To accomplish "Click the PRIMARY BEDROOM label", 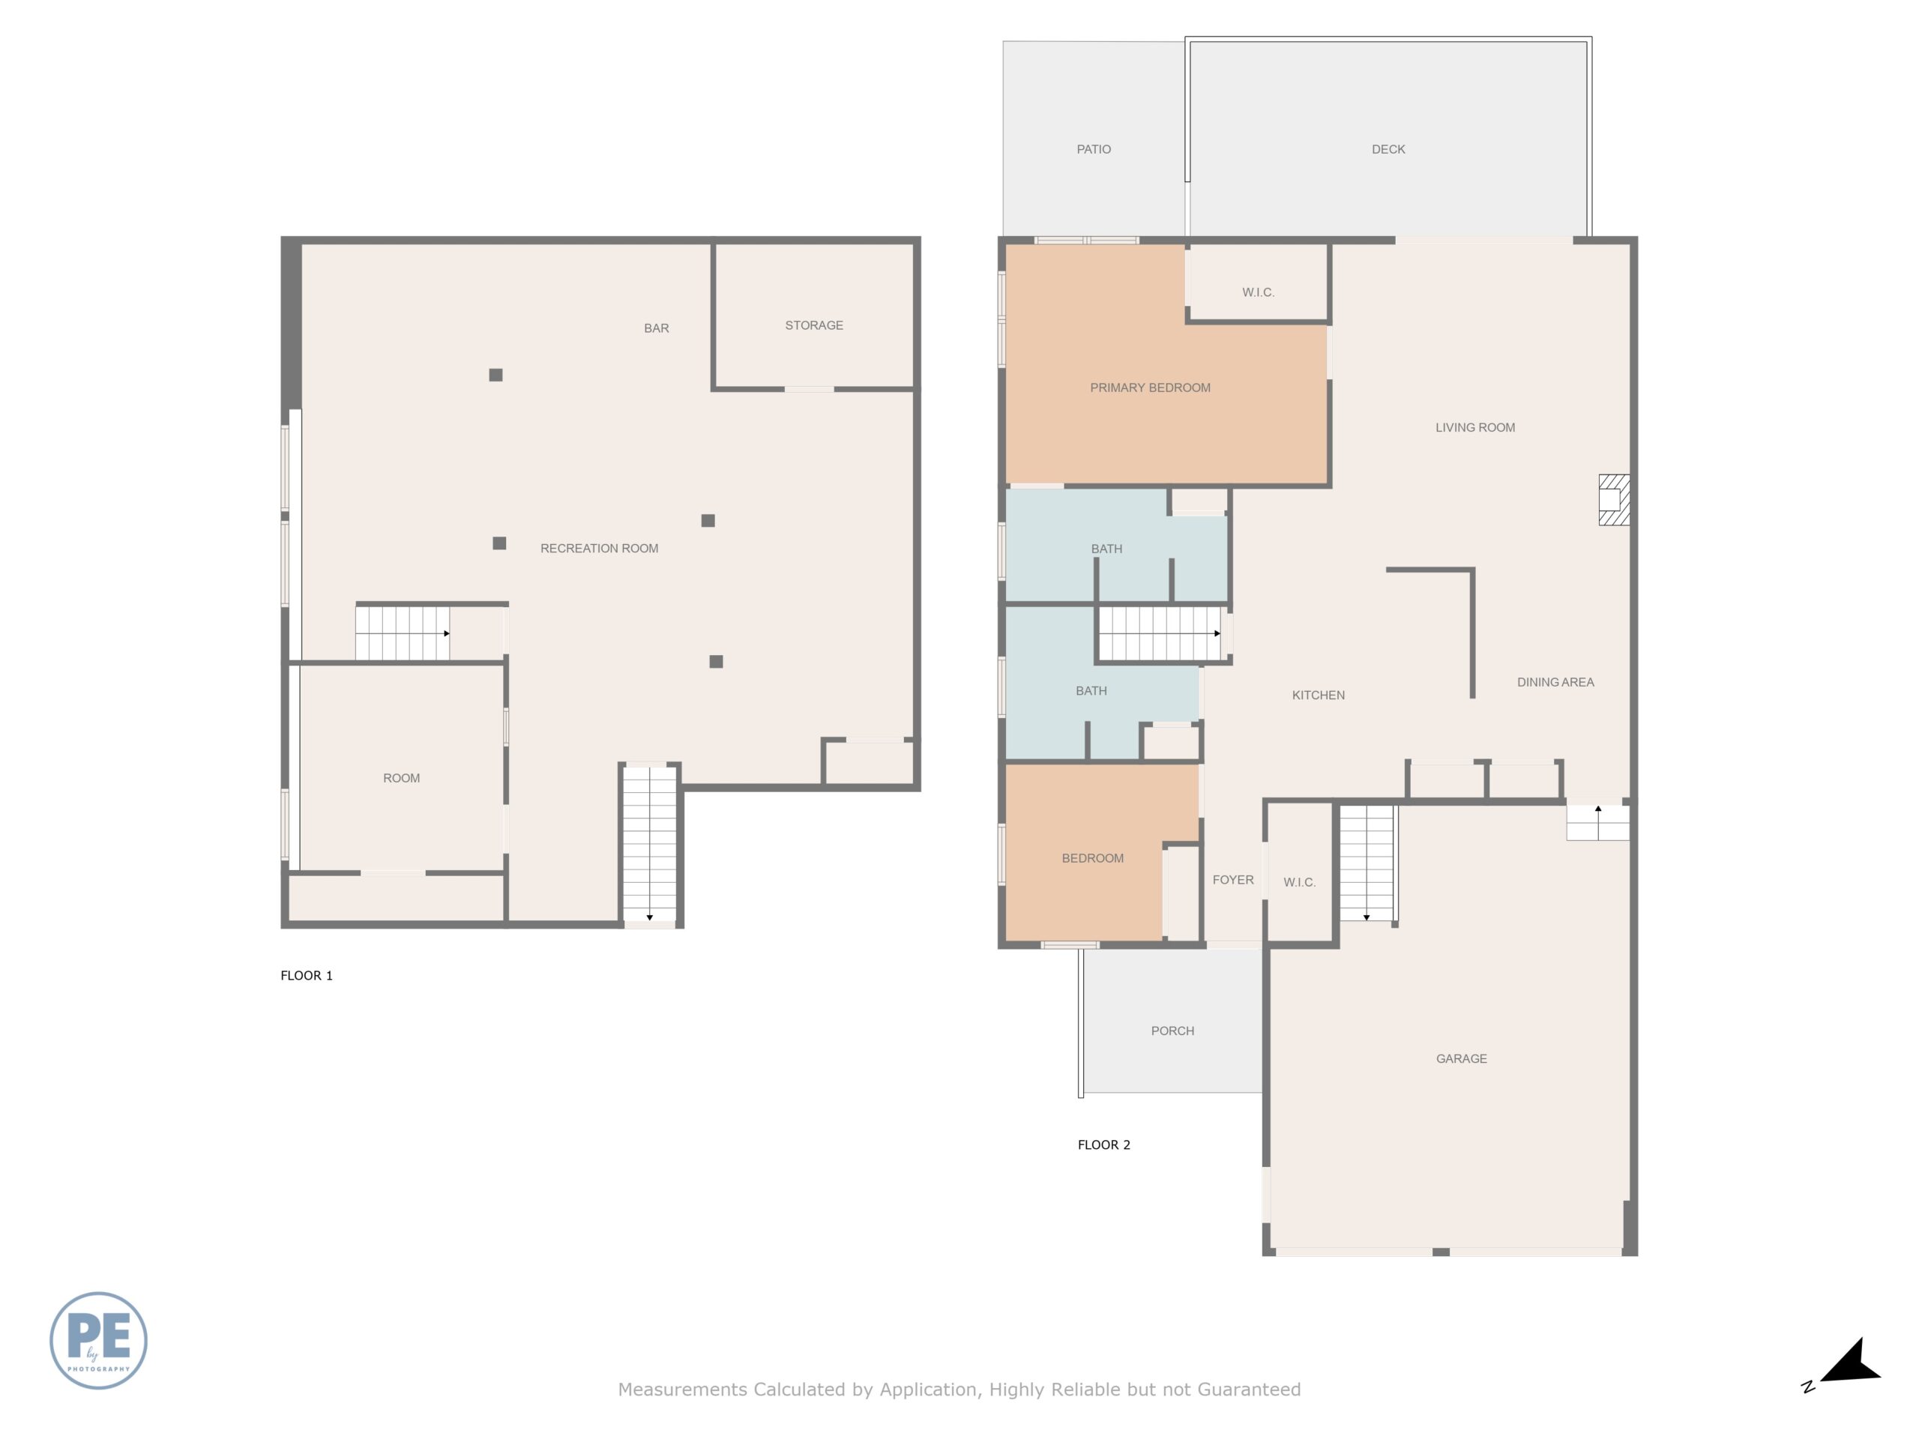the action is [x=1151, y=387].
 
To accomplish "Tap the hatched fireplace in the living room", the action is [x=1614, y=500].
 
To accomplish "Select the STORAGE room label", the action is [x=814, y=325].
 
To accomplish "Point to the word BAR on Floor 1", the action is [x=656, y=328].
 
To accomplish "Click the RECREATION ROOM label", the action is [x=600, y=548].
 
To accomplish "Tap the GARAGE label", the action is [x=1462, y=1058].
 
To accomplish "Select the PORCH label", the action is [x=1173, y=1031].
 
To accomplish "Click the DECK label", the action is [x=1388, y=149].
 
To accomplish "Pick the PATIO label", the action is [x=1094, y=149].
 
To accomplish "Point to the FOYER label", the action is [x=1233, y=880].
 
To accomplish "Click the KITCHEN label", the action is [x=1319, y=695].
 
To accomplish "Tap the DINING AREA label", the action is [x=1555, y=682].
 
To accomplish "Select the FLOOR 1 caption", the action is [x=307, y=975].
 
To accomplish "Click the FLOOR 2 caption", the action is [x=1103, y=1144].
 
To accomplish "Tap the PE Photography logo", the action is [x=98, y=1340].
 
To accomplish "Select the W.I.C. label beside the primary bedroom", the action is [x=1258, y=292].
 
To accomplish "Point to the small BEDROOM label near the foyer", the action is [x=1092, y=858].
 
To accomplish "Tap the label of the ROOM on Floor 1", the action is [x=402, y=778].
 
